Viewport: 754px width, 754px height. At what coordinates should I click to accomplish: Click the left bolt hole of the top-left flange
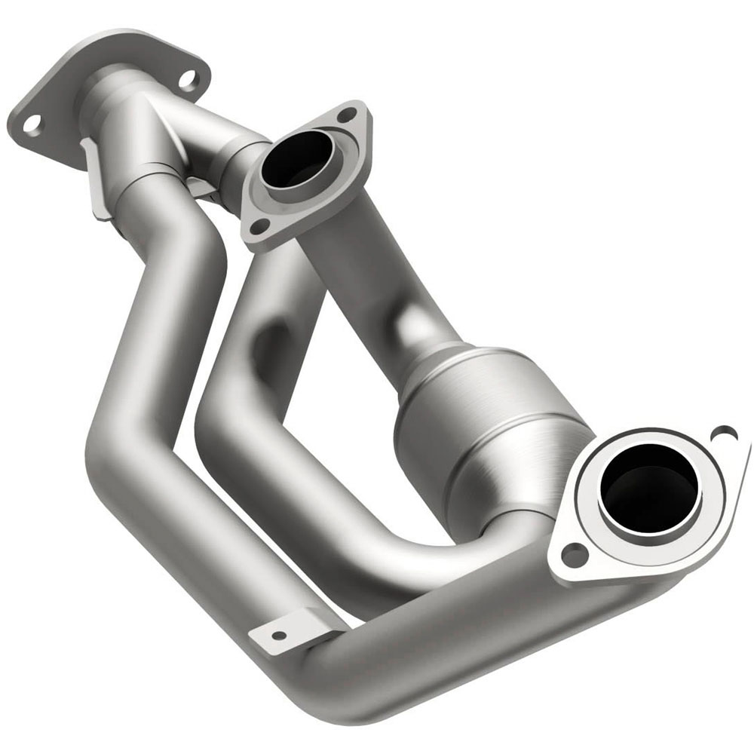32,124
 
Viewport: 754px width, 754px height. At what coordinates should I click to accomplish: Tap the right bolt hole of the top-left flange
187,78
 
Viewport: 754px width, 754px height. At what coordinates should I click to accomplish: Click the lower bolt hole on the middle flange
258,225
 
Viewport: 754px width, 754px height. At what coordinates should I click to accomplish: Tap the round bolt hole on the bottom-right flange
575,555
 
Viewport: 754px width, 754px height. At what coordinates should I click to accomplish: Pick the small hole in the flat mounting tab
278,636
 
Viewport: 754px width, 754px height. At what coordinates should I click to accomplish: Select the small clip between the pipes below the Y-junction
200,188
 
